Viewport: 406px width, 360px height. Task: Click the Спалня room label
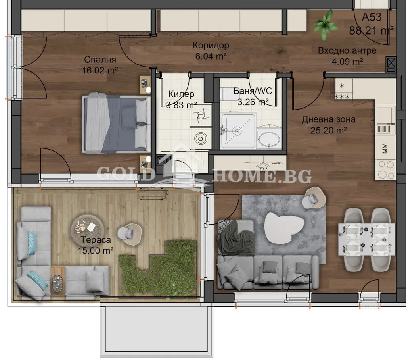coord(100,60)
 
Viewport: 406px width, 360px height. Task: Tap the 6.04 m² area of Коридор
coord(211,56)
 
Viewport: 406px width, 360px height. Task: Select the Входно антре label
coord(347,50)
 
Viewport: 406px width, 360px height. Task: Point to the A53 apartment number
coord(372,17)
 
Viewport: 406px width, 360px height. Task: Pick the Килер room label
coord(181,94)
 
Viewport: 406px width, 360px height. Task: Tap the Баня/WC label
coord(253,91)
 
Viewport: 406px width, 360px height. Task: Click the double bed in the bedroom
coord(116,124)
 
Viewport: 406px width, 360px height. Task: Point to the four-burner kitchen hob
coord(385,169)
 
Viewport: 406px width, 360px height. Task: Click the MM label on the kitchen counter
coord(385,149)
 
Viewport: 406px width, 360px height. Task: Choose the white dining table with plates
coord(366,239)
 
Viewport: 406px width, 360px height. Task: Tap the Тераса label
coord(96,240)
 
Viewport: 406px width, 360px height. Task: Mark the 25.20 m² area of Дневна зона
coord(329,130)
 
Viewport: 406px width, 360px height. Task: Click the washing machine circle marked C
coord(200,138)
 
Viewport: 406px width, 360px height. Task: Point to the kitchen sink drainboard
coord(383,129)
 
